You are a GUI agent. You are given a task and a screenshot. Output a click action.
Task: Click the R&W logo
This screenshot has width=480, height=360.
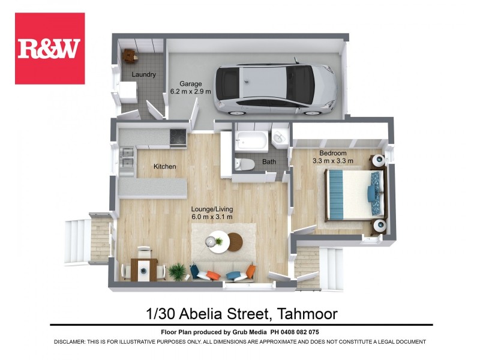pyautogui.click(x=49, y=49)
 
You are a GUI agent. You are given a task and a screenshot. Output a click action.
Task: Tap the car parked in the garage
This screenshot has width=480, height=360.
pyautogui.click(x=277, y=89)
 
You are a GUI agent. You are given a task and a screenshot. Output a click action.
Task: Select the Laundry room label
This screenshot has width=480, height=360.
pyautogui.click(x=144, y=75)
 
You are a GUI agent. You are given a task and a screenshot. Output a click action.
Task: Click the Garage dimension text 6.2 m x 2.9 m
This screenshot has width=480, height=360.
pyautogui.click(x=191, y=92)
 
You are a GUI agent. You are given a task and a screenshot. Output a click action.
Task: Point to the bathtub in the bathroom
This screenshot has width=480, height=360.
pyautogui.click(x=250, y=140)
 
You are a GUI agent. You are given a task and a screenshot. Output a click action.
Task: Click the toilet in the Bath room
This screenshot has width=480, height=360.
pyautogui.click(x=244, y=164)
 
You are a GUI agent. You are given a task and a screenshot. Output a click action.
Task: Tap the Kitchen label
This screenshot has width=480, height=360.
pyautogui.click(x=164, y=166)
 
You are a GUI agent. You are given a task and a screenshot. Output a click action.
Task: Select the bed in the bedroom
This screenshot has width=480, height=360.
pyautogui.click(x=355, y=194)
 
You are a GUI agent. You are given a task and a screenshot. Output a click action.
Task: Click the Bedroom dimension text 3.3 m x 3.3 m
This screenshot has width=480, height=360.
pyautogui.click(x=333, y=161)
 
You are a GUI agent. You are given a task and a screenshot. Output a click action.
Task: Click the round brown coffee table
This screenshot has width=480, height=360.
pyautogui.click(x=234, y=242)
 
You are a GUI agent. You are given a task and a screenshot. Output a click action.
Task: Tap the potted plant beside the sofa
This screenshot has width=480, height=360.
pyautogui.click(x=177, y=271)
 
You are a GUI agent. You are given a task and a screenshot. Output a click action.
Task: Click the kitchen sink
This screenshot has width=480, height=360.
pyautogui.click(x=127, y=160)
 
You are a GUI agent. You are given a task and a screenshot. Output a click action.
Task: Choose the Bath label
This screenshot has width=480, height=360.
pyautogui.click(x=269, y=162)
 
